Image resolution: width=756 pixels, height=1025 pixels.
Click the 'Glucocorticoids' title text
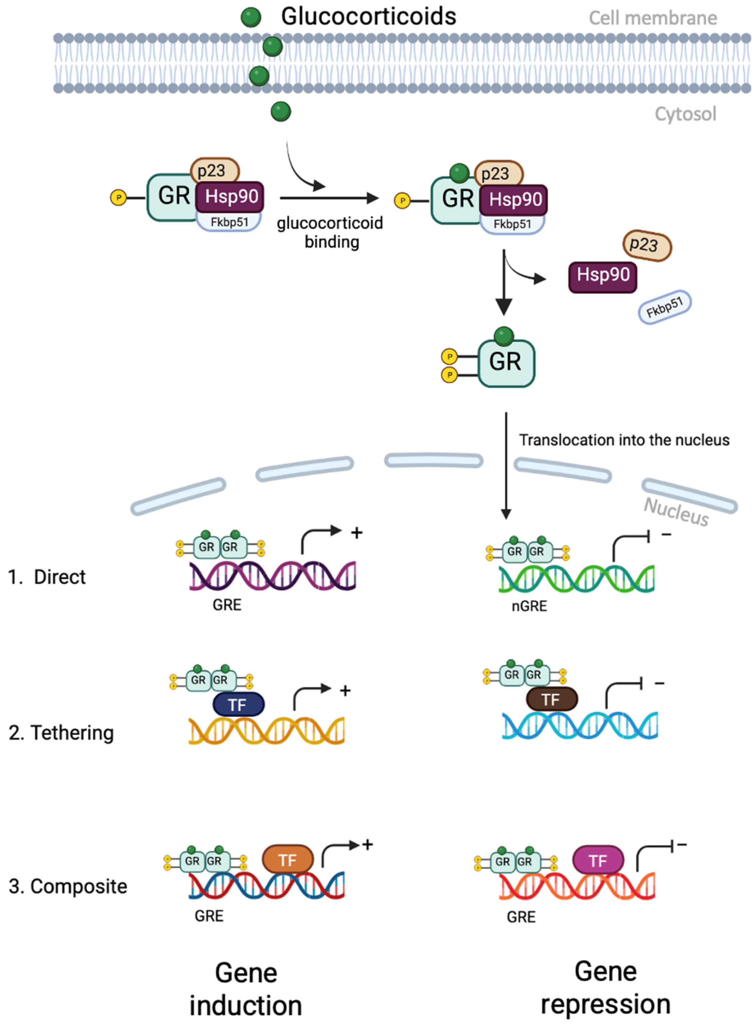[368, 17]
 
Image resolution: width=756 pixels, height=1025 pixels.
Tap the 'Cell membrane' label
[653, 18]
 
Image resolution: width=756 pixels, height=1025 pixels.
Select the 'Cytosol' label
[685, 114]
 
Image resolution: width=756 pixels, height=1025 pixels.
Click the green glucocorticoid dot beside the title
[251, 17]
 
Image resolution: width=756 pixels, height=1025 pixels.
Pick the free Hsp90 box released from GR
[602, 276]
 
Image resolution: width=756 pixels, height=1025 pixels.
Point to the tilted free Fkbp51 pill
[665, 307]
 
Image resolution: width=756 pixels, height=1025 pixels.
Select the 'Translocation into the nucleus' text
[624, 440]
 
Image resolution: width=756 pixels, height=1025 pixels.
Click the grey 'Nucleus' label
[676, 512]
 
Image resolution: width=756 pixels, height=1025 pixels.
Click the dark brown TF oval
[552, 699]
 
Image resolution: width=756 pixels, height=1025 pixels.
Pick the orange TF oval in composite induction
[288, 860]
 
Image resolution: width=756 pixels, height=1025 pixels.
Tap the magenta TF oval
[598, 861]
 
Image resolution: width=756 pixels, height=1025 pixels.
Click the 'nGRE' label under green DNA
[529, 606]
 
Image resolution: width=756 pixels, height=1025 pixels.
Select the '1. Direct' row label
[47, 577]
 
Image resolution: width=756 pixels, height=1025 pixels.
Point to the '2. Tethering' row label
[61, 733]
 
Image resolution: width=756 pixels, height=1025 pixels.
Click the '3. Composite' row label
[68, 887]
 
